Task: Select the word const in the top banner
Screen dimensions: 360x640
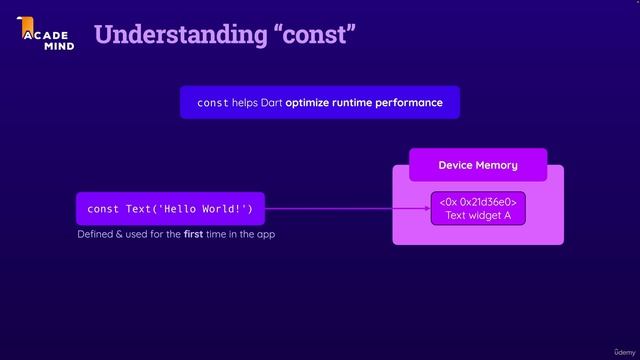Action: (212, 103)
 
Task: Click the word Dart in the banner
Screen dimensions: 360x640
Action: (272, 103)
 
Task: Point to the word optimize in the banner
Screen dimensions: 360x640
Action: (312, 103)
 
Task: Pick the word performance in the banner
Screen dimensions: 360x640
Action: (408, 103)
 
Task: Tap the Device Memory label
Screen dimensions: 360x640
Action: (478, 165)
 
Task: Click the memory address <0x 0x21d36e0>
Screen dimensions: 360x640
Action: (478, 203)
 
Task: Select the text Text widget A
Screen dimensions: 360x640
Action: (478, 216)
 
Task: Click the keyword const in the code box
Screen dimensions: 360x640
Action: (103, 209)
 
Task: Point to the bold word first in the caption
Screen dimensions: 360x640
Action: (194, 234)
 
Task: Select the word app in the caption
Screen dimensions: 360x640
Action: (265, 235)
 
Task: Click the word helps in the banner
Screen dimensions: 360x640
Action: (245, 103)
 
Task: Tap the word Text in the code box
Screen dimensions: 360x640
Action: (138, 209)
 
